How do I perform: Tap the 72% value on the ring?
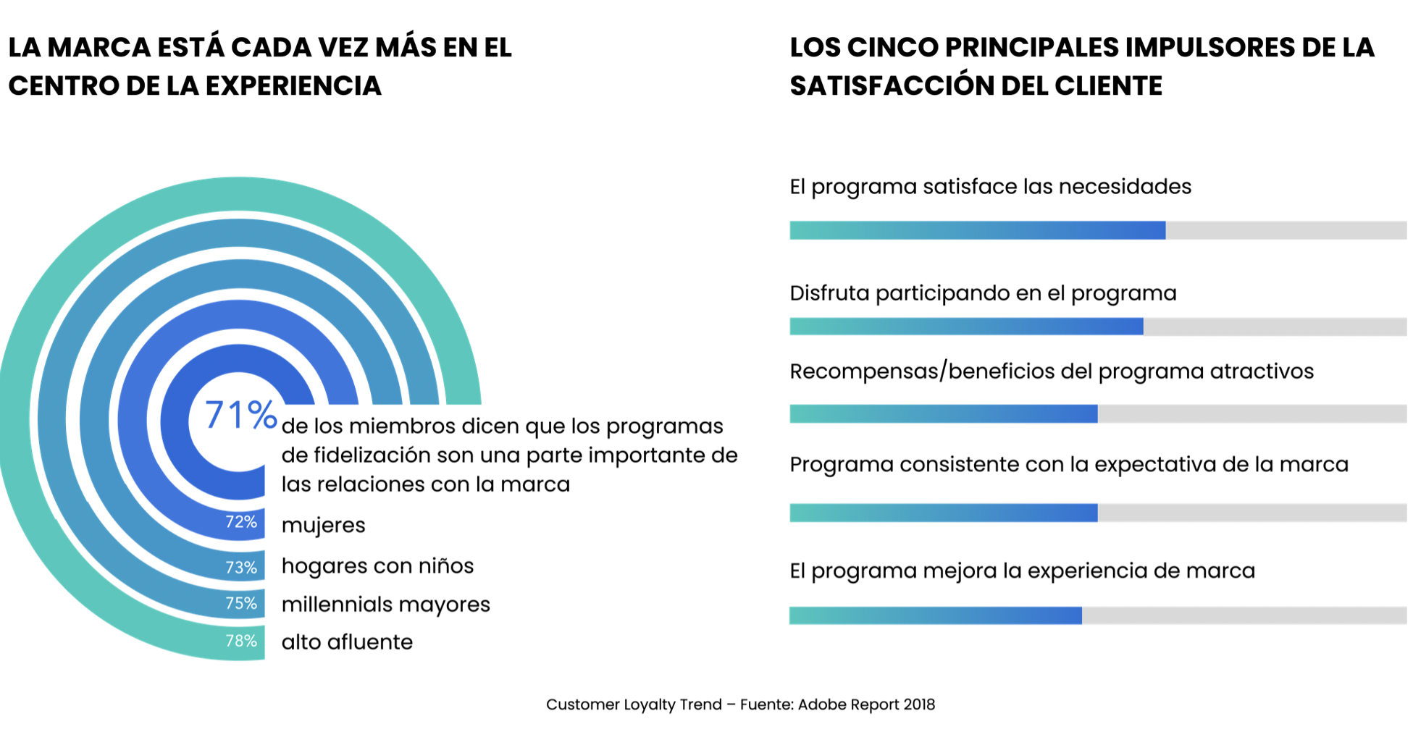pyautogui.click(x=241, y=522)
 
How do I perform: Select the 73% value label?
pyautogui.click(x=241, y=568)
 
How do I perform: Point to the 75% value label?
pyautogui.click(x=241, y=604)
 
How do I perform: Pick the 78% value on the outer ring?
pyautogui.click(x=241, y=641)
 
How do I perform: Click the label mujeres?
pyautogui.click(x=323, y=525)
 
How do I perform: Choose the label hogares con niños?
pyautogui.click(x=377, y=565)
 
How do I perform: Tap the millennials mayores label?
pyautogui.click(x=385, y=605)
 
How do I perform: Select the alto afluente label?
pyautogui.click(x=347, y=642)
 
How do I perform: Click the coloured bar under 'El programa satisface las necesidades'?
pyautogui.click(x=977, y=230)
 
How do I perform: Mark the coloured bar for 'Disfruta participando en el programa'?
pyautogui.click(x=966, y=327)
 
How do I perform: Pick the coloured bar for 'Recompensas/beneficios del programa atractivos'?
pyautogui.click(x=943, y=414)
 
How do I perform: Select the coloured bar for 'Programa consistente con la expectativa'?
pyautogui.click(x=943, y=513)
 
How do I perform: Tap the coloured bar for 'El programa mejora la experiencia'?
pyautogui.click(x=935, y=615)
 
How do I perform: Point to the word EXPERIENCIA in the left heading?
pyautogui.click(x=293, y=85)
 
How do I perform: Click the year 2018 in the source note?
pyautogui.click(x=919, y=704)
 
